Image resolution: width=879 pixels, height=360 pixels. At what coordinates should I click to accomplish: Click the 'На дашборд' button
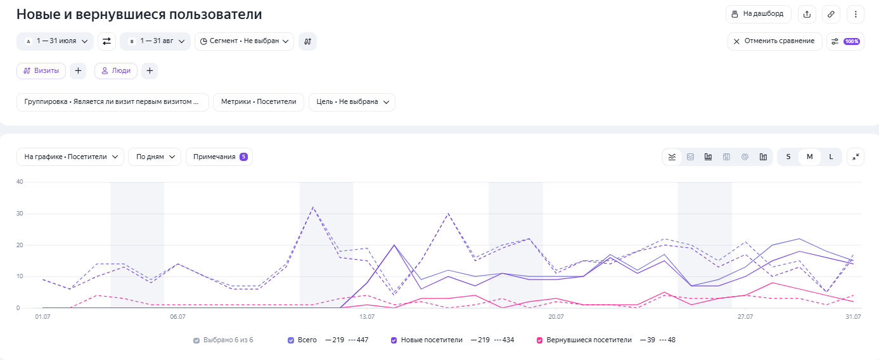(758, 14)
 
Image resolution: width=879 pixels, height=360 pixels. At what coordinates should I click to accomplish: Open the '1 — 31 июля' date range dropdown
(55, 41)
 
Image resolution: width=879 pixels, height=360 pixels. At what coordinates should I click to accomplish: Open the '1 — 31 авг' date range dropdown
(155, 41)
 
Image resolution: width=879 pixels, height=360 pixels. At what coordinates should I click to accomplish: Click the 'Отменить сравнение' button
(774, 41)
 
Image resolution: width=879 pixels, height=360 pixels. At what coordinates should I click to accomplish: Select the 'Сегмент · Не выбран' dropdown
(244, 41)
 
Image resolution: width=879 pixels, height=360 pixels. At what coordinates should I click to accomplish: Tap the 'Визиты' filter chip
(41, 70)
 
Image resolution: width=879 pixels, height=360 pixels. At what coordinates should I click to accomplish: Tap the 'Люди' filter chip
(116, 70)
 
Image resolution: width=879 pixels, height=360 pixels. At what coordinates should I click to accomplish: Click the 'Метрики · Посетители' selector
(259, 102)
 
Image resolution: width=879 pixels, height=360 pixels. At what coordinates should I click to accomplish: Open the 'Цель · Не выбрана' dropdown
(352, 102)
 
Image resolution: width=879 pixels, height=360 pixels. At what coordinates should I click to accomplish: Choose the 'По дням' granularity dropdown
(155, 157)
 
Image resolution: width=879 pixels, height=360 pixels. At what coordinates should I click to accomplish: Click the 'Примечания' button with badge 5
(219, 157)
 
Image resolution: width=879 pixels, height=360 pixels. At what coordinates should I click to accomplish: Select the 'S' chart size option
(788, 157)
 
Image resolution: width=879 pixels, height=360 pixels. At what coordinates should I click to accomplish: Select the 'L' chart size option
(831, 157)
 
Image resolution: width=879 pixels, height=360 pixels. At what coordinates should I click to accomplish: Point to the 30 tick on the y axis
(20, 214)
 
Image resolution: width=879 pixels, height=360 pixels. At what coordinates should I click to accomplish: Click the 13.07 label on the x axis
(367, 317)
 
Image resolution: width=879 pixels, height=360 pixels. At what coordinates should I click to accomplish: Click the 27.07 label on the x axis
(745, 317)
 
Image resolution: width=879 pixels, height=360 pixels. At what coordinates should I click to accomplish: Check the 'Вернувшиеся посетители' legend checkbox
(539, 340)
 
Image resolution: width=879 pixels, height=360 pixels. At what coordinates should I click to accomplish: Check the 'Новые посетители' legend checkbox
(394, 340)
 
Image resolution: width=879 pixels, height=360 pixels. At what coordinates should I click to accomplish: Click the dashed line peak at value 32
(312, 207)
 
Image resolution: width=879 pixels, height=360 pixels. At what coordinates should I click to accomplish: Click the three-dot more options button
(856, 14)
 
